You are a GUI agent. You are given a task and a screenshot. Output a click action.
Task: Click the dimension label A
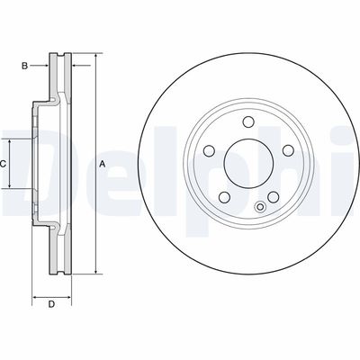click(x=102, y=163)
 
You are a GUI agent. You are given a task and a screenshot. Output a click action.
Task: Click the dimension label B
click(x=26, y=64)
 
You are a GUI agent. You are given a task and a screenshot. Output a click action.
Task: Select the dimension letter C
click(x=4, y=163)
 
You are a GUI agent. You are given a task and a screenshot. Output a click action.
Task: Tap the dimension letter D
click(x=51, y=303)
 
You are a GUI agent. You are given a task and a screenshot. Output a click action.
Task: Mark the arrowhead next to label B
click(x=45, y=64)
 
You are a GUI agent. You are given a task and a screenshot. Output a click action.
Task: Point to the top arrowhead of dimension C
click(x=12, y=140)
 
